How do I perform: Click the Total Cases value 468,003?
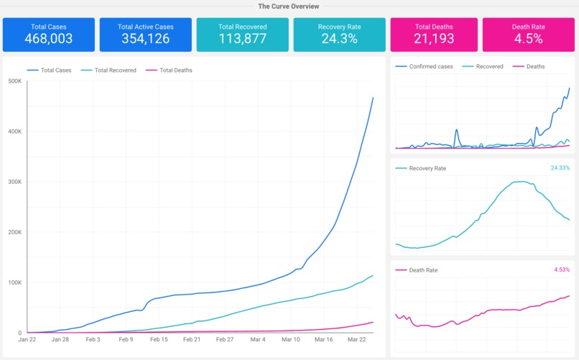(x=49, y=39)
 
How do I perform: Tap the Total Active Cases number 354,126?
(x=145, y=39)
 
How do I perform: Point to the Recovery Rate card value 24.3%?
(x=339, y=39)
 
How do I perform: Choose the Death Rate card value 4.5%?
(x=528, y=39)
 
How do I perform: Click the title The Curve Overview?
(x=289, y=6)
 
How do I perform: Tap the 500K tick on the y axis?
(x=15, y=81)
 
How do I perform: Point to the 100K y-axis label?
(x=15, y=282)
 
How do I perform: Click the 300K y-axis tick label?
(x=15, y=182)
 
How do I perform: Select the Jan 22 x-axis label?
(x=27, y=339)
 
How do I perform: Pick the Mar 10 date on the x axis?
(x=291, y=339)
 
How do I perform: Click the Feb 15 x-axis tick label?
(x=159, y=339)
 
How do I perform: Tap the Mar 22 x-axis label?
(x=357, y=339)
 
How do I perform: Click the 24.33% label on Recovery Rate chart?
(x=560, y=168)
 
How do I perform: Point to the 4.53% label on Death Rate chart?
(x=561, y=270)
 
